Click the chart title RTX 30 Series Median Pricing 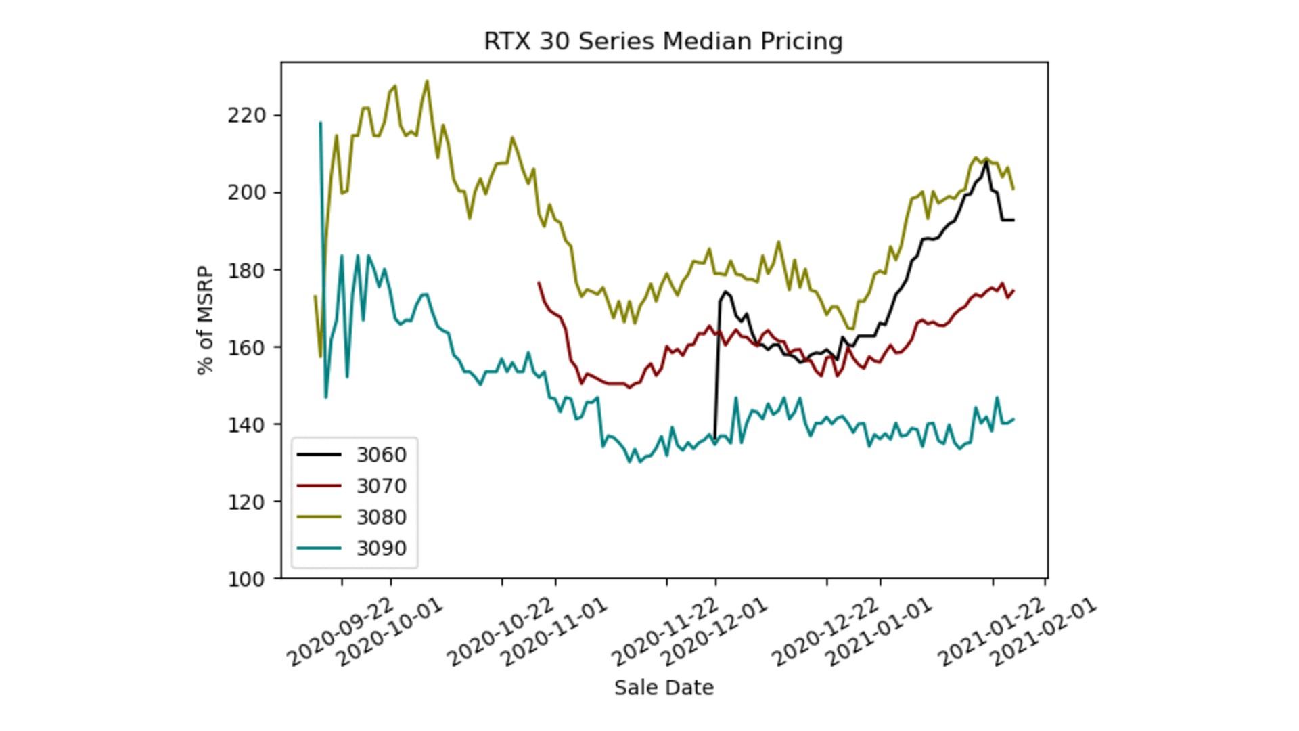663,41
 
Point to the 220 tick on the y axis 246,116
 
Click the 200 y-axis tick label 246,193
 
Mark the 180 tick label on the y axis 246,270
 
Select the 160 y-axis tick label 246,347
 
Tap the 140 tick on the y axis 246,424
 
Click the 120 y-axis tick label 246,502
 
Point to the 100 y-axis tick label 246,579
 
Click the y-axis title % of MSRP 205,320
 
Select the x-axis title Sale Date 664,688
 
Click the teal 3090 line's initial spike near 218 320,123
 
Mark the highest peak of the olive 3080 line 426,81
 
